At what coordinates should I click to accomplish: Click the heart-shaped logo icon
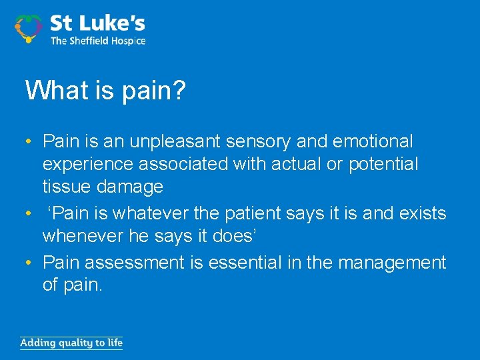[x=28, y=29]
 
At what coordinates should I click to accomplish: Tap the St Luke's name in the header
[x=97, y=25]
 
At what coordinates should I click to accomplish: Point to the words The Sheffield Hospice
[x=97, y=41]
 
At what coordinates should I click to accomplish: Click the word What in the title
[x=55, y=90]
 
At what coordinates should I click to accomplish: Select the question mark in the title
[x=179, y=90]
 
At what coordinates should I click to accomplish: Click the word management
[x=392, y=263]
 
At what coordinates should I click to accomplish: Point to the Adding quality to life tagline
[x=71, y=343]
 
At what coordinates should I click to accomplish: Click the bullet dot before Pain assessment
[x=29, y=263]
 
